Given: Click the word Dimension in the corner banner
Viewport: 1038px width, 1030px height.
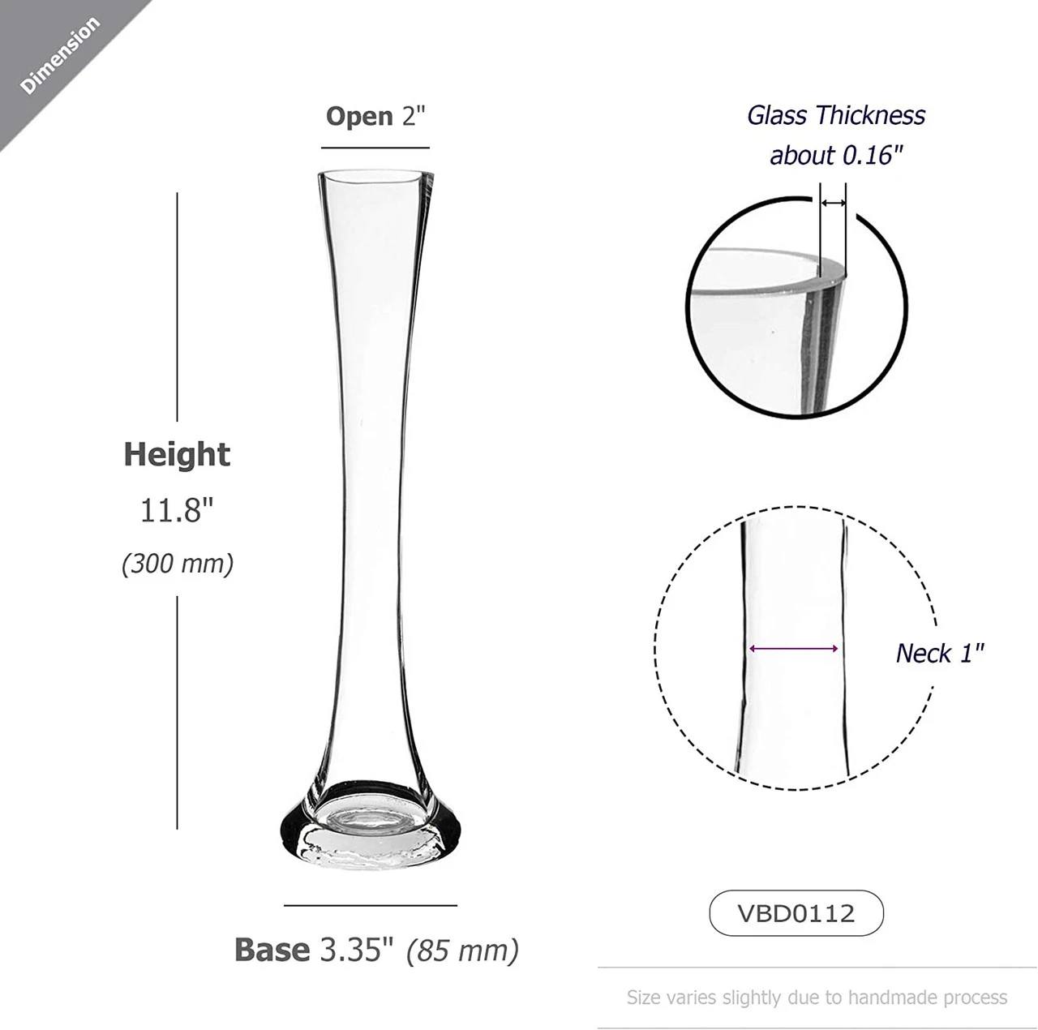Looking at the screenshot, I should pos(60,55).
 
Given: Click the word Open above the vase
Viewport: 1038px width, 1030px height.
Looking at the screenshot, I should pos(359,116).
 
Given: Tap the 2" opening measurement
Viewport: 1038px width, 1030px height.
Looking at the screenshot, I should pos(413,116).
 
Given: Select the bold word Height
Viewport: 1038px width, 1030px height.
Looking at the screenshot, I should pos(177,454).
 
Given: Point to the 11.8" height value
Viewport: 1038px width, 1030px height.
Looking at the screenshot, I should pos(177,510).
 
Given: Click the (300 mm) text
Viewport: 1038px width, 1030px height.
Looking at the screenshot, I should pos(178,563).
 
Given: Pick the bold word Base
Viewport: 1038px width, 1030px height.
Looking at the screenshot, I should pos(272,949).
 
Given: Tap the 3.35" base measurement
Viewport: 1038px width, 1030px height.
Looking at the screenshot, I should pos(356,949).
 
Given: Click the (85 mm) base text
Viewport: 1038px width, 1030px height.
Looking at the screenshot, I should pos(463,950).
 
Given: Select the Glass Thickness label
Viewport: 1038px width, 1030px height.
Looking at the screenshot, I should pos(836,115).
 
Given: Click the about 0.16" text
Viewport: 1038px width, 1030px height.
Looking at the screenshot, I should pos(836,155).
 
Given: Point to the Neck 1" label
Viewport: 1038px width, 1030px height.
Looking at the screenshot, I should pos(940,653).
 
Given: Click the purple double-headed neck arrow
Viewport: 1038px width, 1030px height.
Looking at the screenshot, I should pos(794,649).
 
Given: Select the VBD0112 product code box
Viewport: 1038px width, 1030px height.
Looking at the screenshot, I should pos(796,913).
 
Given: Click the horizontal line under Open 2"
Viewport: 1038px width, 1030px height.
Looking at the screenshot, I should pos(375,148).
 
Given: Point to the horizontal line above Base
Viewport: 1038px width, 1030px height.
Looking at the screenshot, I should pos(371,905).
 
